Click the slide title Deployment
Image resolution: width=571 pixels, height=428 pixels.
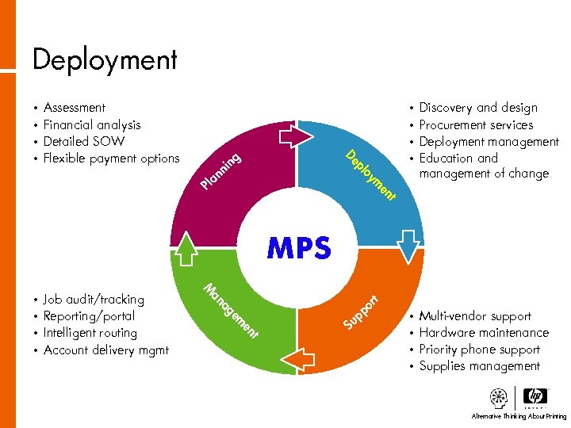[x=105, y=59]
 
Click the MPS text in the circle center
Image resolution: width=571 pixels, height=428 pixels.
[x=298, y=248]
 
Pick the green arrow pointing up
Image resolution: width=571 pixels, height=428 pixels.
[x=186, y=246]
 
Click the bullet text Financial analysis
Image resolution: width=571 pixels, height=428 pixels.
[x=92, y=124]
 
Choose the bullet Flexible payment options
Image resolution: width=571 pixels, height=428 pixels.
[x=112, y=158]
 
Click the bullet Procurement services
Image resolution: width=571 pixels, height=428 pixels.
[x=476, y=124]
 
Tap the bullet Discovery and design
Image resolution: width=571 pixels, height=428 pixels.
[x=478, y=108]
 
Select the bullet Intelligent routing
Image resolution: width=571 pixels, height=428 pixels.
[x=90, y=333]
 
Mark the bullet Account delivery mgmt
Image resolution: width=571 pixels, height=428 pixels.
[x=106, y=350]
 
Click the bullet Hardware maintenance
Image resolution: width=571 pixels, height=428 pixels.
[x=484, y=333]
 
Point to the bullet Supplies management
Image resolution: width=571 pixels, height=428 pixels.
[x=480, y=366]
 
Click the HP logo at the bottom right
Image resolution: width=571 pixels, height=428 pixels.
[x=536, y=398]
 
